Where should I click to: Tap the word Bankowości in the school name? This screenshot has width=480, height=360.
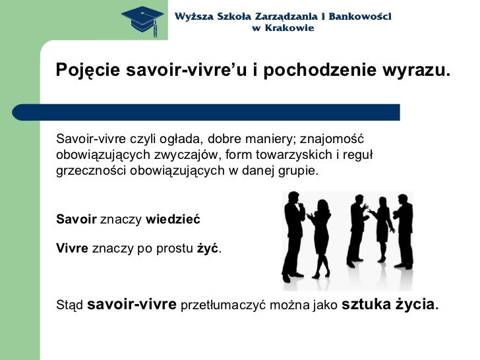click(x=358, y=15)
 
